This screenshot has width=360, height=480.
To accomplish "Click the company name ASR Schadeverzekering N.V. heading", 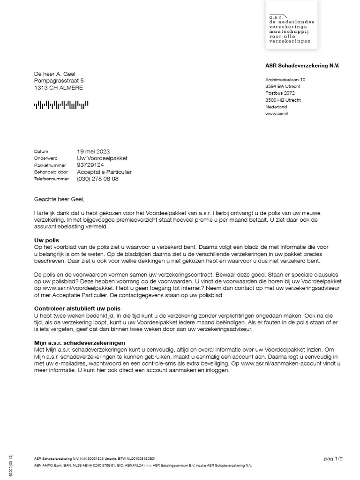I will (x=302, y=66).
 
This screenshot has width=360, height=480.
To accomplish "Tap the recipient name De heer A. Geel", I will (x=55, y=74).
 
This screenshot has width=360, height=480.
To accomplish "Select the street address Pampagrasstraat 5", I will (x=59, y=81).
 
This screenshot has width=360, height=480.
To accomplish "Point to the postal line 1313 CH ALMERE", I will (x=59, y=88).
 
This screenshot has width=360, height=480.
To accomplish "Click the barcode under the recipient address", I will (x=61, y=105).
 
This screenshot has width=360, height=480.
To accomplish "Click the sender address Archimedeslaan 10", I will (x=285, y=80).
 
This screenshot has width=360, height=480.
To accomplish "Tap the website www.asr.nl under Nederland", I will (x=277, y=113).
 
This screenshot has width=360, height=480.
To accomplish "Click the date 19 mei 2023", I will (x=93, y=151).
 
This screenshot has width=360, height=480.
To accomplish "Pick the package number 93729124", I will (x=90, y=165).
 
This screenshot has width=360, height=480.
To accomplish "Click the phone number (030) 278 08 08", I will (x=97, y=179).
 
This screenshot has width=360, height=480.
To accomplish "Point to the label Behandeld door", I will (x=51, y=172).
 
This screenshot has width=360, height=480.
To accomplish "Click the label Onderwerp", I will (x=45, y=158).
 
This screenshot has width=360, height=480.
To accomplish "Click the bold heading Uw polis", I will (x=46, y=240).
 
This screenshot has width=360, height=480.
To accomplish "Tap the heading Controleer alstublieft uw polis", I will (x=77, y=309).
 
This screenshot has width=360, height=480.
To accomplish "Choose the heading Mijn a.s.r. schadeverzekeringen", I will (x=79, y=343).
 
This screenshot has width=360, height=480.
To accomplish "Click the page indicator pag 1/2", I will (x=333, y=458).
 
